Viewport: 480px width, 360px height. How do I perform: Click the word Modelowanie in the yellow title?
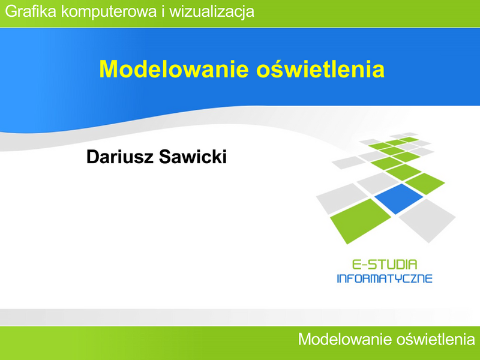pyautogui.click(x=173, y=69)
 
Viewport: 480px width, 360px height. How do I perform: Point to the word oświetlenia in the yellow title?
pyautogui.click(x=320, y=68)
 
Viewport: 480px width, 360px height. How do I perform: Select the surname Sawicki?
pyautogui.click(x=193, y=157)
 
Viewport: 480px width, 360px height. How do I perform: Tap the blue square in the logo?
pyautogui.click(x=398, y=199)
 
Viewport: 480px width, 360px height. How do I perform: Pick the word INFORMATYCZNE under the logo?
pyautogui.click(x=385, y=278)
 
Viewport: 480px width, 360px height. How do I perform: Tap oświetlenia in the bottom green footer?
pyautogui.click(x=436, y=339)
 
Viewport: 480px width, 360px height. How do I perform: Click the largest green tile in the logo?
pyautogui.click(x=361, y=221)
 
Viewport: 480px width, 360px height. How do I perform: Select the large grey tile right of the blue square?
pyautogui.click(x=427, y=220)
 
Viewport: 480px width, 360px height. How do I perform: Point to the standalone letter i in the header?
pyautogui.click(x=163, y=11)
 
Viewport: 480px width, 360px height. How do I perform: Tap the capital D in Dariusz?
pyautogui.click(x=93, y=157)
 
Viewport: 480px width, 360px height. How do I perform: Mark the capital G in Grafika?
pyautogui.click(x=11, y=11)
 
